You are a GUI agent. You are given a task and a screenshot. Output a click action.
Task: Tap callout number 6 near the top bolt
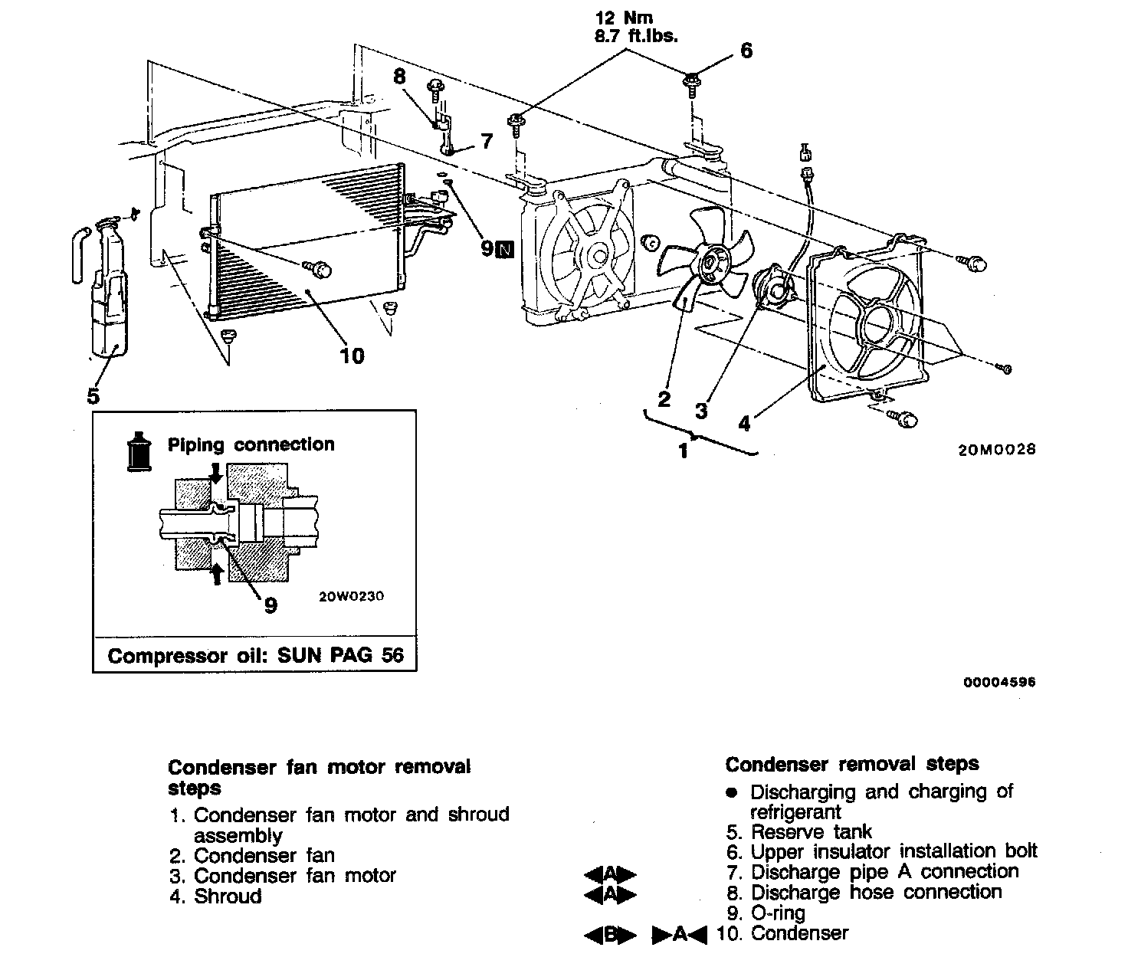pos(746,51)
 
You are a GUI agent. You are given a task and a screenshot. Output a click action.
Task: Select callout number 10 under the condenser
pos(352,356)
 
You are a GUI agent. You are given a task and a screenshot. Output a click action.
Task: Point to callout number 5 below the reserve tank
pos(93,395)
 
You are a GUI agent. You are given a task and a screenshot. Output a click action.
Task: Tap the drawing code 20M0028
pos(995,449)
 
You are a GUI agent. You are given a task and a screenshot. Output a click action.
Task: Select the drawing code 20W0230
pos(351,595)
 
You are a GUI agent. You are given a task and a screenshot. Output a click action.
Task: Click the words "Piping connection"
pos(251,445)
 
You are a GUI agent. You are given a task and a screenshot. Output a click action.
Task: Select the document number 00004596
pos(1004,682)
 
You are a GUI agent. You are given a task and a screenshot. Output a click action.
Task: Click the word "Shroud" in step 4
pos(228,896)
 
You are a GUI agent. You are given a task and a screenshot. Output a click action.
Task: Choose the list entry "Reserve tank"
pos(811,831)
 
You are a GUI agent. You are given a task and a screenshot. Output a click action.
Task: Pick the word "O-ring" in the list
pos(778,913)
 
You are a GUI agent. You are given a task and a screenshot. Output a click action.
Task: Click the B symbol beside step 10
pos(610,934)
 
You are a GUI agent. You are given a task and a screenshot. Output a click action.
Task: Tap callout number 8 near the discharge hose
pos(398,77)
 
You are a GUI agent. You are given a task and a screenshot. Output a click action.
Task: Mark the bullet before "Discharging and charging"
pos(732,792)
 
